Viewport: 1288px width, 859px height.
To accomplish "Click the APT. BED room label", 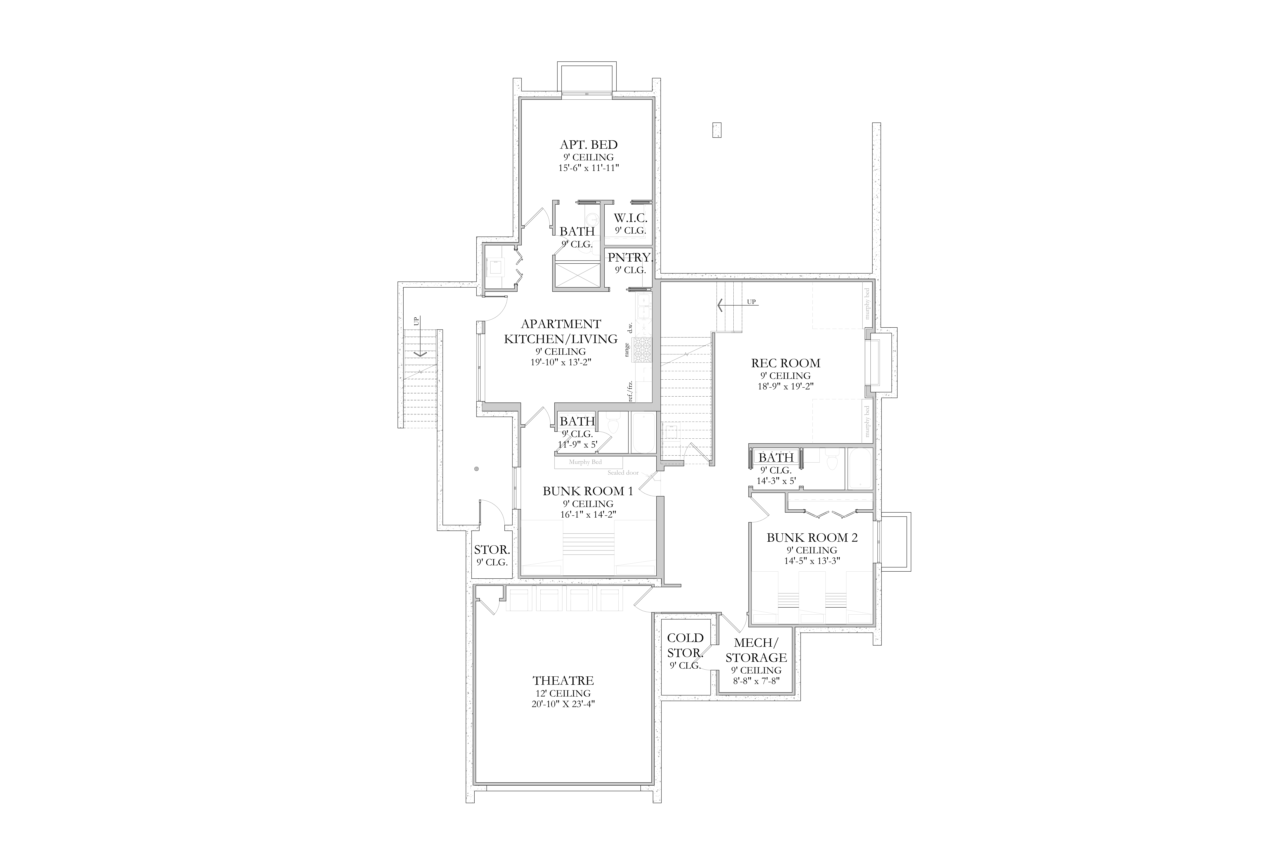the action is click(589, 145).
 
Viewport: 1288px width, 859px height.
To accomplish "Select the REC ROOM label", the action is click(786, 363).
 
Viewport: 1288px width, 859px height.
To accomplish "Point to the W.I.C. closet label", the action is click(630, 218).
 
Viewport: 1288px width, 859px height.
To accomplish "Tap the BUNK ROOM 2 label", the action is click(812, 537).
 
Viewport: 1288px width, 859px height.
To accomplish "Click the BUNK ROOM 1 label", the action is click(588, 491).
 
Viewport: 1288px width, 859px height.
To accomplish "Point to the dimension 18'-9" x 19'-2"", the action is click(786, 386).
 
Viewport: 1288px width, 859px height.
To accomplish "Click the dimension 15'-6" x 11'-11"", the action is click(589, 168).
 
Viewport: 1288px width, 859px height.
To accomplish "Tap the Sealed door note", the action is click(623, 472).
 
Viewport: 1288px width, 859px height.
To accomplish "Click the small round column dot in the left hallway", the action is click(476, 468).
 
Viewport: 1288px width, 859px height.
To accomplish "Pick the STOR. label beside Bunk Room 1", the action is click(492, 549).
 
